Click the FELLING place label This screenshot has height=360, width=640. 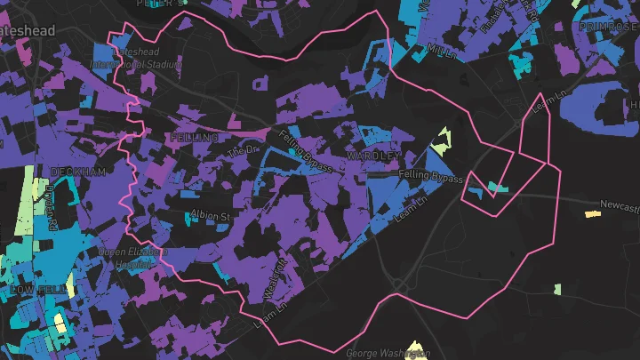[193, 139]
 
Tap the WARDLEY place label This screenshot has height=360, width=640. [374, 156]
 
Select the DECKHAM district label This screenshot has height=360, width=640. [78, 171]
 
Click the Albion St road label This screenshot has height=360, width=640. [211, 216]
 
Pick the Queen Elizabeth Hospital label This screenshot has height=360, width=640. [133, 259]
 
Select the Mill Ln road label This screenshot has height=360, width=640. [442, 52]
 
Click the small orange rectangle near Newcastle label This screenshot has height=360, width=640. [593, 213]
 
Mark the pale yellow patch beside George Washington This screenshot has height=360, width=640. [415, 348]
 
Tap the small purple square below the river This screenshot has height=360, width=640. [260, 84]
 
